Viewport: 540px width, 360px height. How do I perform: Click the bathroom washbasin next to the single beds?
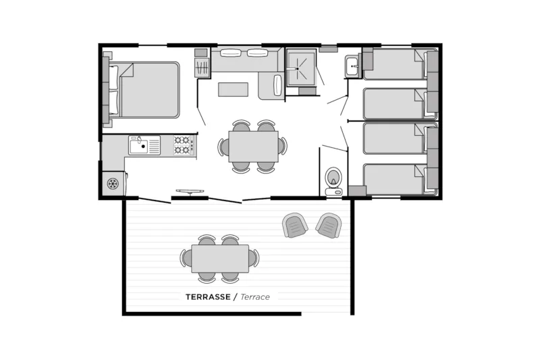(352, 66)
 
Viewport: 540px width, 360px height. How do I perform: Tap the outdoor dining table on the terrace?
(219, 258)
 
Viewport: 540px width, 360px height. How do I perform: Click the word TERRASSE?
(208, 297)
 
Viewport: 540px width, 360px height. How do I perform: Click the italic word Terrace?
(255, 297)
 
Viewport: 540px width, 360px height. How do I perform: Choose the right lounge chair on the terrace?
(329, 225)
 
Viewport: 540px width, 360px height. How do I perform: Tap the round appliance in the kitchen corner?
(113, 183)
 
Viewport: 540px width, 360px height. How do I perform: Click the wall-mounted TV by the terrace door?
(190, 192)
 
